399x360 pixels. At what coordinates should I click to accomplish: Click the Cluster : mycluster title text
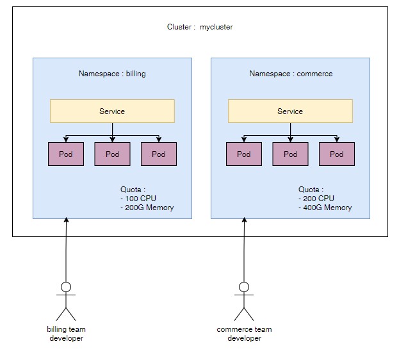coord(200,27)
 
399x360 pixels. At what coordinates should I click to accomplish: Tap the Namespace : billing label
coord(112,74)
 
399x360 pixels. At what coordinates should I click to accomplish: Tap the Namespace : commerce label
coord(291,74)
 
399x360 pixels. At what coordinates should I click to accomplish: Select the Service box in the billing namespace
coord(112,111)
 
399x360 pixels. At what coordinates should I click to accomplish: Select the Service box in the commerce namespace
coord(290,111)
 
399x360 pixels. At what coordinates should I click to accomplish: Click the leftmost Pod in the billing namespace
coord(66,154)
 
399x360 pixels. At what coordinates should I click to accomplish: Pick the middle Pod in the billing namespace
coord(113,154)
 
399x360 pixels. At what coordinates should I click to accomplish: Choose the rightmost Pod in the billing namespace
coord(159,154)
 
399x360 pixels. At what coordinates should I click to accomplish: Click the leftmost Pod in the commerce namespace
coord(244,154)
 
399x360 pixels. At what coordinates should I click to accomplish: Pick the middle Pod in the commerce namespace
coord(290,154)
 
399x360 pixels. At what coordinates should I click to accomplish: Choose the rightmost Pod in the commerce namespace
coord(337,154)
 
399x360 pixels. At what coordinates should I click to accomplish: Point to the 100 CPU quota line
coord(138,199)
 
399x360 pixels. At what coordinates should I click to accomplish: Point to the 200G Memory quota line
coord(147,208)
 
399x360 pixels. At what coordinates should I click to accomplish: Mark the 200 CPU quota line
coord(316,199)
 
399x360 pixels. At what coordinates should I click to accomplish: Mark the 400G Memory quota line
coord(325,208)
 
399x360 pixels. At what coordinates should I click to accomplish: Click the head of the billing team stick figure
coord(66,287)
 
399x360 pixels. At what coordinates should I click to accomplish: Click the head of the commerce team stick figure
coord(244,287)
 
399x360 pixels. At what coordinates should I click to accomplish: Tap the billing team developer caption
coord(66,334)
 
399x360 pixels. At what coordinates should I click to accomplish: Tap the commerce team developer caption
coord(244,334)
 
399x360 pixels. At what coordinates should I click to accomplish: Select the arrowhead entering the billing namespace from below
coord(66,220)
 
